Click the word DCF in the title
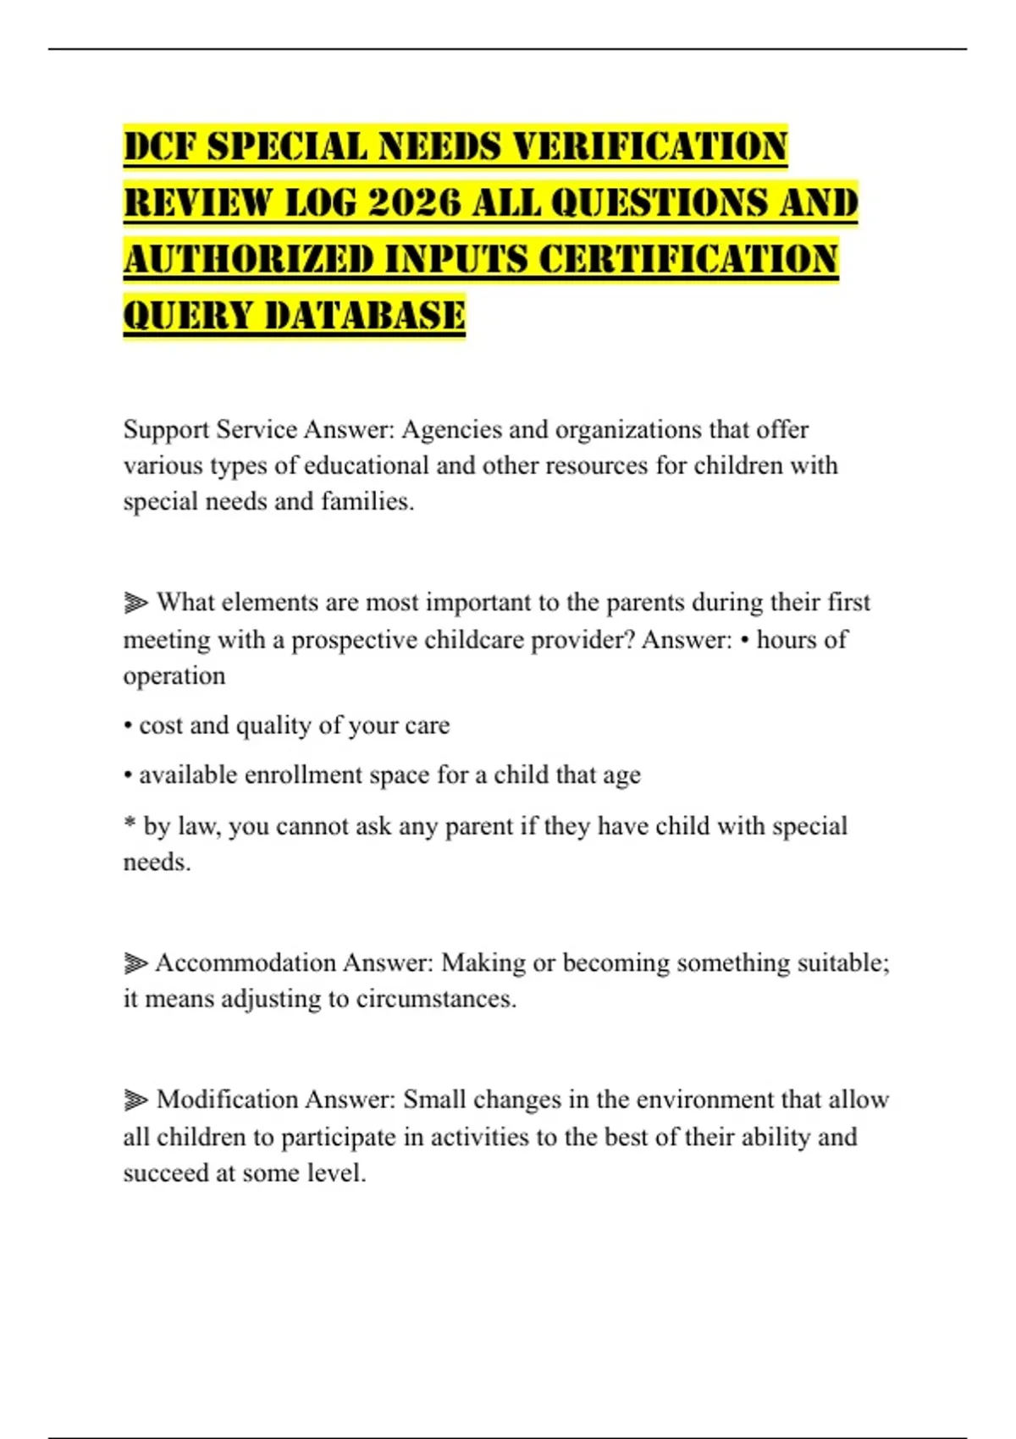160,146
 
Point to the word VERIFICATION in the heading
650,146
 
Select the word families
367,502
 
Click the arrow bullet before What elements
135,603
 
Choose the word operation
174,676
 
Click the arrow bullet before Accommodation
135,963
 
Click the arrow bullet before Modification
135,1100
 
